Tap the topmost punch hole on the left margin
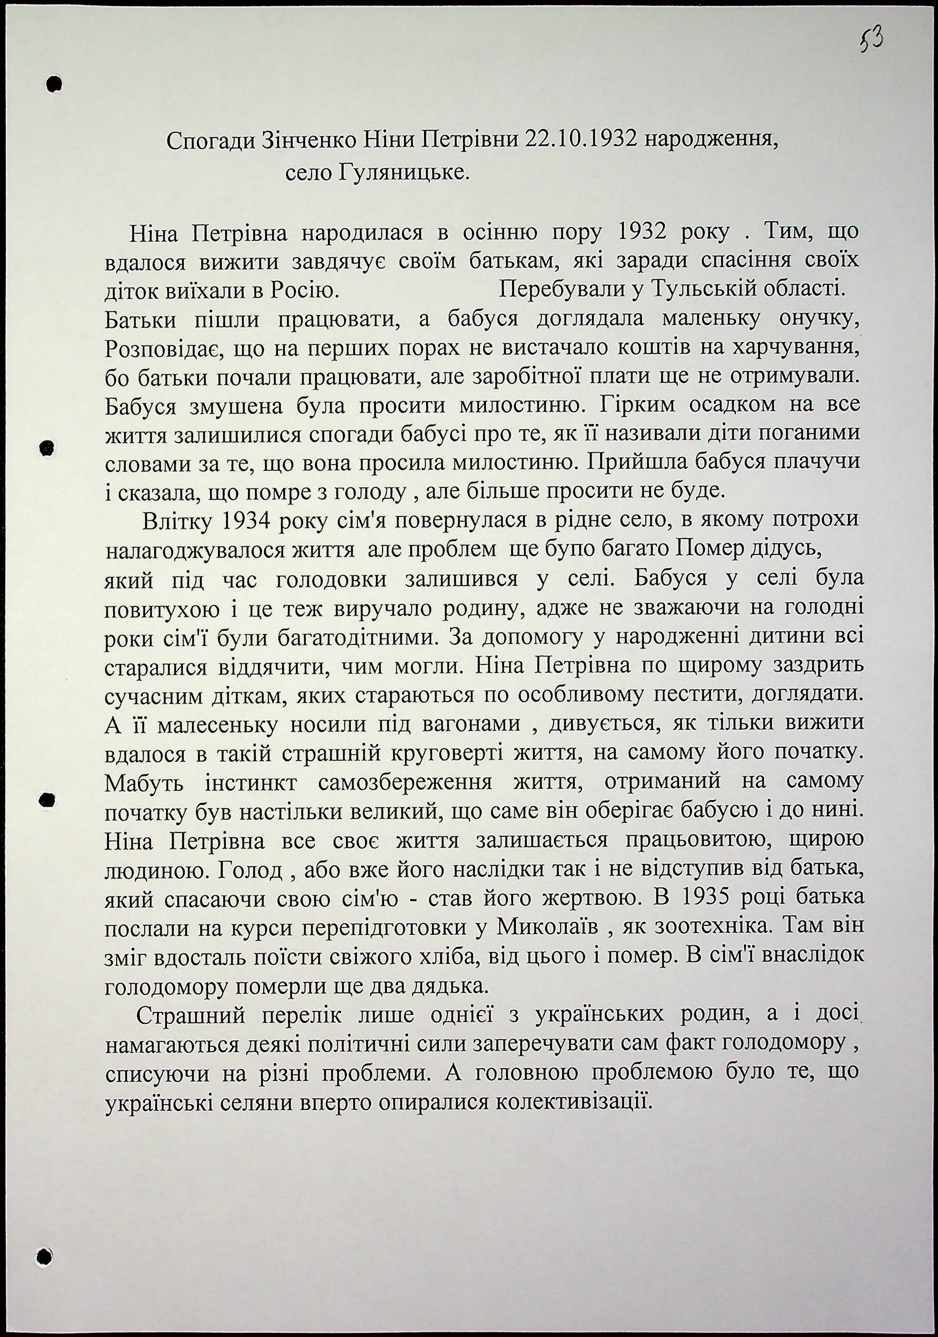click(54, 83)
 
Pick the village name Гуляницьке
click(402, 173)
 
